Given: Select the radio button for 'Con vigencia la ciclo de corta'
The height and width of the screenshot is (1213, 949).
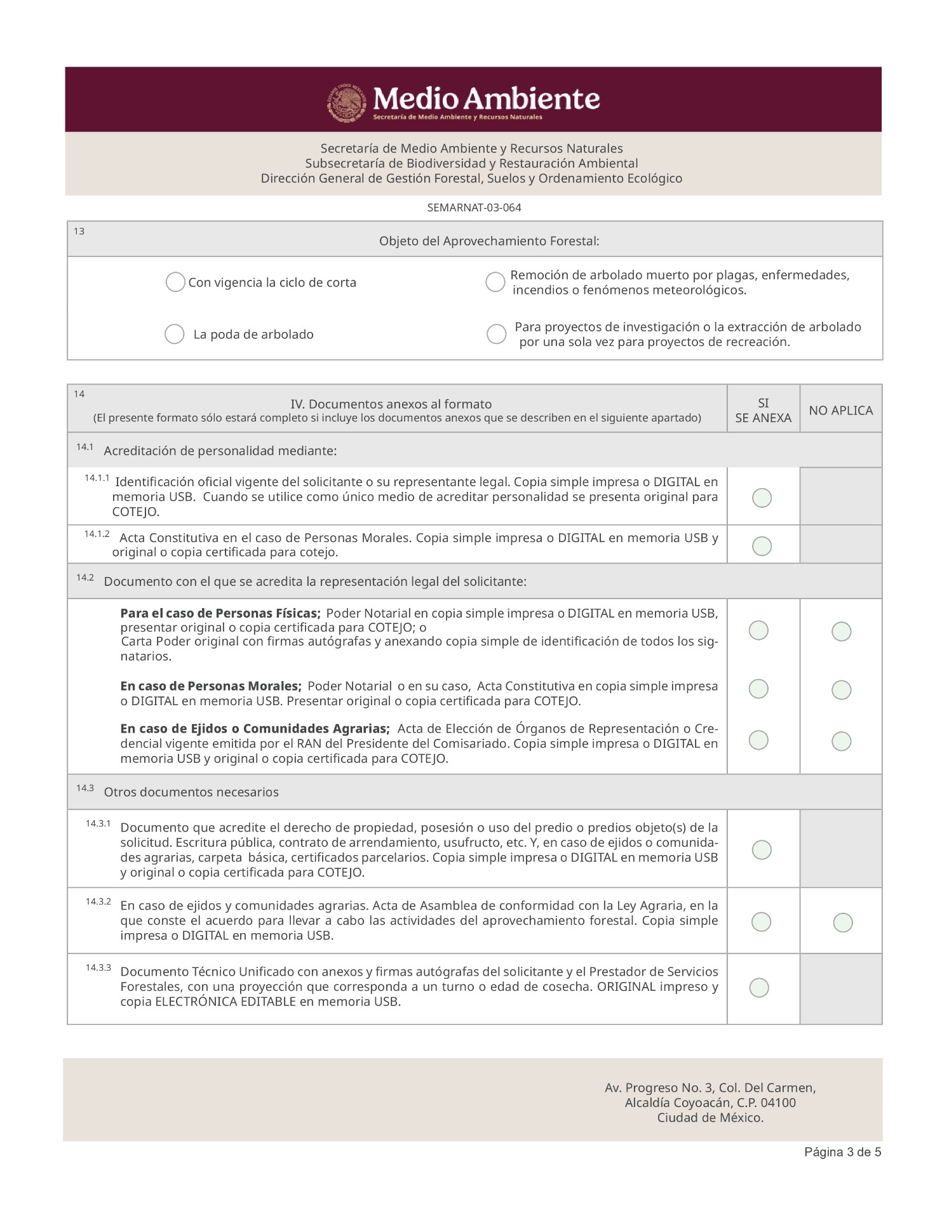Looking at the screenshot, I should click(x=175, y=282).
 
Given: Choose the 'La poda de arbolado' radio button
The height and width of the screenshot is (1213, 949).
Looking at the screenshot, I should click(x=174, y=334).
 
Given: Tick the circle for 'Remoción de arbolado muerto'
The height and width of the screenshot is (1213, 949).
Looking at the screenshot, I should click(x=495, y=282).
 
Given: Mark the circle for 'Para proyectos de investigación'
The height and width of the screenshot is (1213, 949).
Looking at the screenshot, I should click(x=496, y=334).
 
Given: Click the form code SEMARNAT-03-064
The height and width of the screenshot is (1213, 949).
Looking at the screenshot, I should click(x=474, y=208).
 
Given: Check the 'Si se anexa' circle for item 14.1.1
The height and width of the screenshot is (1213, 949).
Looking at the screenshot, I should click(x=762, y=498).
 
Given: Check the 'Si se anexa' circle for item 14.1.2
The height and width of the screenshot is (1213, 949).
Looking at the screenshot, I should click(x=762, y=546).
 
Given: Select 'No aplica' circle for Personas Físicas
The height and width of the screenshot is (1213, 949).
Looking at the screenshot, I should click(x=841, y=632).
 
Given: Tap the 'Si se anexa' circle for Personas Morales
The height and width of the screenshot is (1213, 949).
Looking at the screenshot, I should click(x=758, y=689).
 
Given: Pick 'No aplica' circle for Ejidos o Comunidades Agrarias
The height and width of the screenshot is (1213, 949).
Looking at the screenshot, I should click(x=841, y=741).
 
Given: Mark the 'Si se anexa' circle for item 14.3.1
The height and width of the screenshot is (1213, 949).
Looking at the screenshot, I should click(x=762, y=850).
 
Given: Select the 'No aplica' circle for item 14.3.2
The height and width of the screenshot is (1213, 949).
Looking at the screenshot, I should click(x=842, y=922).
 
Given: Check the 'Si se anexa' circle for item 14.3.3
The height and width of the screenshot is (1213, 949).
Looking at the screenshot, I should click(x=759, y=988).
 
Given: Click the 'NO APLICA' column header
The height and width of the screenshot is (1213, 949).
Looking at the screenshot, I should click(x=840, y=411).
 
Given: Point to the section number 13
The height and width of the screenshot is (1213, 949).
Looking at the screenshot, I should click(x=79, y=231).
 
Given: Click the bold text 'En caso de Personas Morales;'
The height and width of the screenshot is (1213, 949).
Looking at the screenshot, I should click(x=211, y=686).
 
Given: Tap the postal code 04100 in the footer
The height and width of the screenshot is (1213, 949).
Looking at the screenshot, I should click(x=778, y=1103).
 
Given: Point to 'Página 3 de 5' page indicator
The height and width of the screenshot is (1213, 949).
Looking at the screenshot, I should click(x=842, y=1152).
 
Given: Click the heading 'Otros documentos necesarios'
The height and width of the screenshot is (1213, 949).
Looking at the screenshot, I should click(x=191, y=792).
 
